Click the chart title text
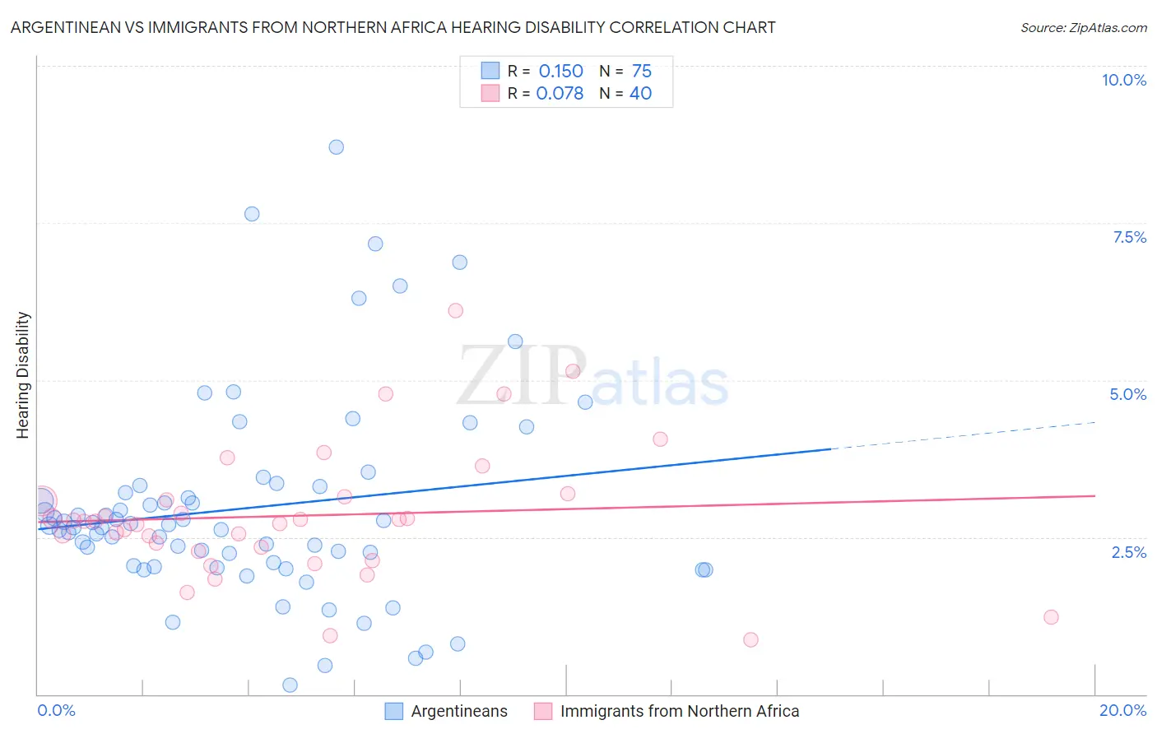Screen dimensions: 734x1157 [x=393, y=27]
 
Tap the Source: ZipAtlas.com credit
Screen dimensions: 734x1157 [x=1083, y=27]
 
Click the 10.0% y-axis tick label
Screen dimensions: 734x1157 [x=1123, y=80]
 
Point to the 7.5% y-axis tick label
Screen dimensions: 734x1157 [x=1129, y=237]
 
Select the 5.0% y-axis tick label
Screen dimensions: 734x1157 [x=1127, y=394]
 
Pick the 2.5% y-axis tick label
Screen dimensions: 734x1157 [x=1128, y=552]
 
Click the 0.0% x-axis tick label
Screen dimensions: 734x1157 [x=56, y=710]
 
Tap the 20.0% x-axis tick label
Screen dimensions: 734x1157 [x=1122, y=710]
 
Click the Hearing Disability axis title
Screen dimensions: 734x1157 [x=23, y=375]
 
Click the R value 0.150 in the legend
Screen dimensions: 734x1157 [x=560, y=72]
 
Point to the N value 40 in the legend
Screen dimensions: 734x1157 [x=640, y=94]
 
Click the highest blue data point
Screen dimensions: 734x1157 [x=336, y=147]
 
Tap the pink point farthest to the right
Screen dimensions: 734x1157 [x=1050, y=617]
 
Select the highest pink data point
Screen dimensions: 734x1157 [x=455, y=310]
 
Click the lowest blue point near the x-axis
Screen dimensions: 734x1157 [x=290, y=685]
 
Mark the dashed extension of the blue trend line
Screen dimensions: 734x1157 [x=963, y=435]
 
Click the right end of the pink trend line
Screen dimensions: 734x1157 [x=1094, y=495]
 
